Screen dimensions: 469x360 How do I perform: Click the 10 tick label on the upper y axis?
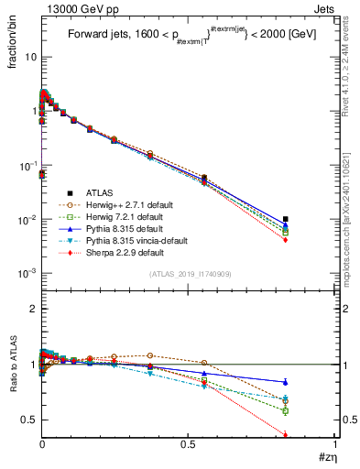point(29,57)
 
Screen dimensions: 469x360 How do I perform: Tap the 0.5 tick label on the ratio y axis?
point(27,420)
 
